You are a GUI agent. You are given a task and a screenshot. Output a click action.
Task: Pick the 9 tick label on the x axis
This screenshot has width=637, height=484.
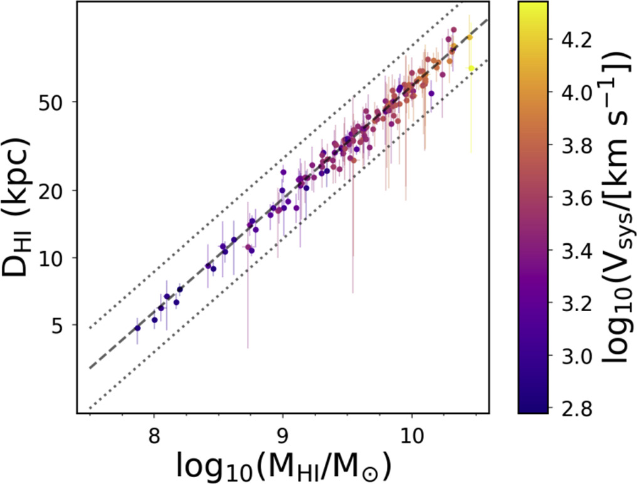[283, 435]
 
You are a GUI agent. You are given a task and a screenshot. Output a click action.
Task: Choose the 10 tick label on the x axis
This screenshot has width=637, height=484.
[411, 435]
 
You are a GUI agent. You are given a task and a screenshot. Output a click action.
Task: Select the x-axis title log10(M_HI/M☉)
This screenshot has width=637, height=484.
[283, 465]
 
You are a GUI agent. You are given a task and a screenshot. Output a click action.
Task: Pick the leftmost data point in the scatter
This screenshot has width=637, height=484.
[138, 328]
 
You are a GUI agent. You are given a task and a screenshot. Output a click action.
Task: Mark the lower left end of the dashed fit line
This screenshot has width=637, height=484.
[90, 368]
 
